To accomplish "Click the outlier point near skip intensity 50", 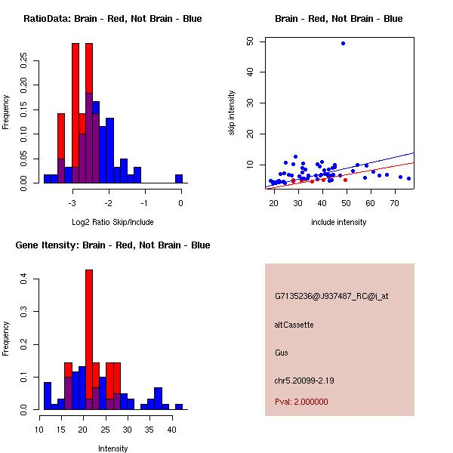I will click(343, 43).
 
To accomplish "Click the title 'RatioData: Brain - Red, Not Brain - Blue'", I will click(112, 19).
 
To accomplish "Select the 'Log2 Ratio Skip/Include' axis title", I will click(112, 222).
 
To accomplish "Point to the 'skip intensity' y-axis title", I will click(232, 113).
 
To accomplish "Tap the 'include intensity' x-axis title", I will click(339, 222).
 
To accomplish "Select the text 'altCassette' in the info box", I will click(294, 325).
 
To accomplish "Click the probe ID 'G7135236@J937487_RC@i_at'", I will click(331, 297).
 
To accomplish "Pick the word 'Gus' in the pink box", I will click(282, 353).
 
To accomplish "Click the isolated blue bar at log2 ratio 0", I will click(179, 178).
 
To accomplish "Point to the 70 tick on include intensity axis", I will click(395, 203).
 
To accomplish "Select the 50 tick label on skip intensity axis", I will click(250, 41).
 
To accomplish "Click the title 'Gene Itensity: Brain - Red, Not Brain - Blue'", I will click(112, 245).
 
